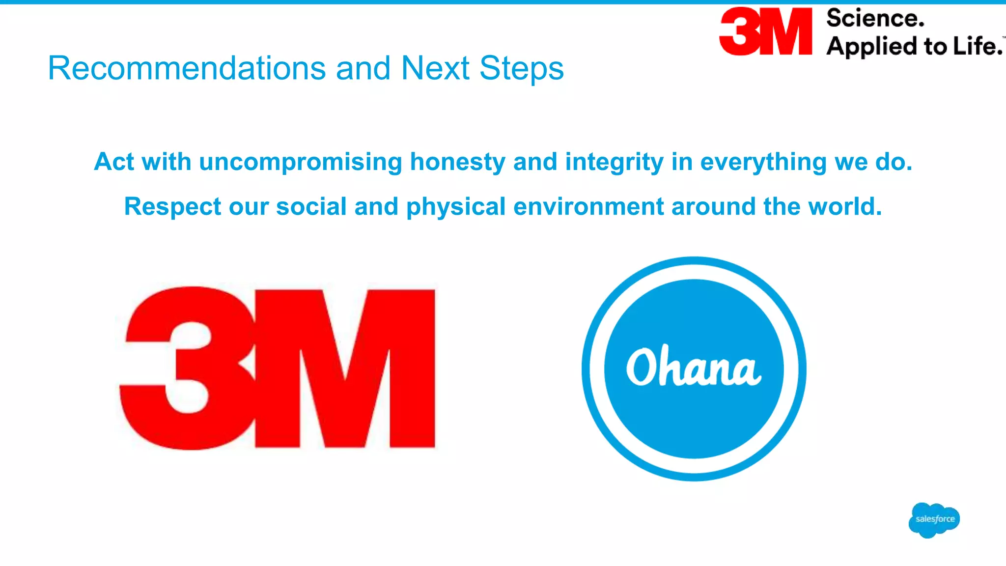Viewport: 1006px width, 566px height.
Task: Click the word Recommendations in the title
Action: pyautogui.click(x=187, y=68)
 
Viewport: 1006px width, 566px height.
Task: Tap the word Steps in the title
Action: pyautogui.click(x=521, y=68)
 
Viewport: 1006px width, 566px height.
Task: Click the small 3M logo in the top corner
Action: pyautogui.click(x=765, y=31)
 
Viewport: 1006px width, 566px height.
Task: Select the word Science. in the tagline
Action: pyautogui.click(x=875, y=19)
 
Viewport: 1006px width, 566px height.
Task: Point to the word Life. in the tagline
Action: pyautogui.click(x=977, y=47)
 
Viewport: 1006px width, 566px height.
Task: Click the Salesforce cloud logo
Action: pyautogui.click(x=934, y=519)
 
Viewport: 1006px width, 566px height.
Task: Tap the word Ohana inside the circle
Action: pyautogui.click(x=694, y=367)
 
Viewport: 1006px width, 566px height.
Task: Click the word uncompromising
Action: pyautogui.click(x=301, y=162)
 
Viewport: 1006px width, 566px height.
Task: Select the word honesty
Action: pyautogui.click(x=457, y=162)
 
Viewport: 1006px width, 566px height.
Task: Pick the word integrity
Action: pyautogui.click(x=614, y=162)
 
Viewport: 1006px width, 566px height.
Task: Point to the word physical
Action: pyautogui.click(x=456, y=206)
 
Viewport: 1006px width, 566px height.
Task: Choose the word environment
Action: pyautogui.click(x=588, y=206)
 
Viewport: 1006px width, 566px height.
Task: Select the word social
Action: pyautogui.click(x=311, y=206)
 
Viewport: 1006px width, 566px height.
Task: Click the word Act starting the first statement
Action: pyautogui.click(x=114, y=162)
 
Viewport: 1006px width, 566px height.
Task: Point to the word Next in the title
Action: pyautogui.click(x=435, y=68)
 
